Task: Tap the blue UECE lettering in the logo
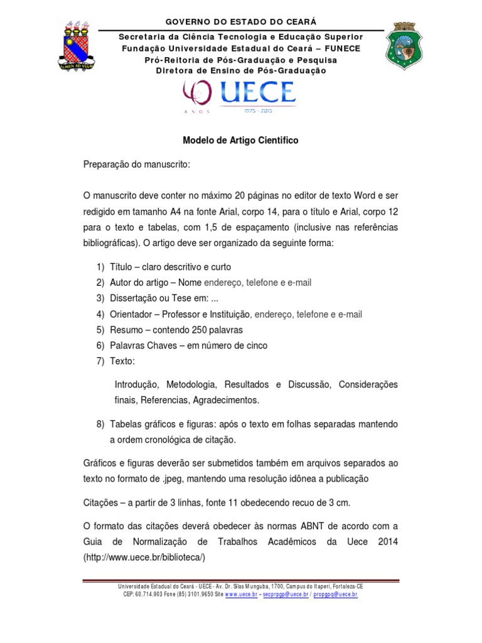click(257, 94)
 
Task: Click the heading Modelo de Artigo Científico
click(240, 141)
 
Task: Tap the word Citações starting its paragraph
click(102, 502)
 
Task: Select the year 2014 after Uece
click(387, 541)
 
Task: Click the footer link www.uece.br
click(241, 594)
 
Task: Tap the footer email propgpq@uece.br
click(336, 594)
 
